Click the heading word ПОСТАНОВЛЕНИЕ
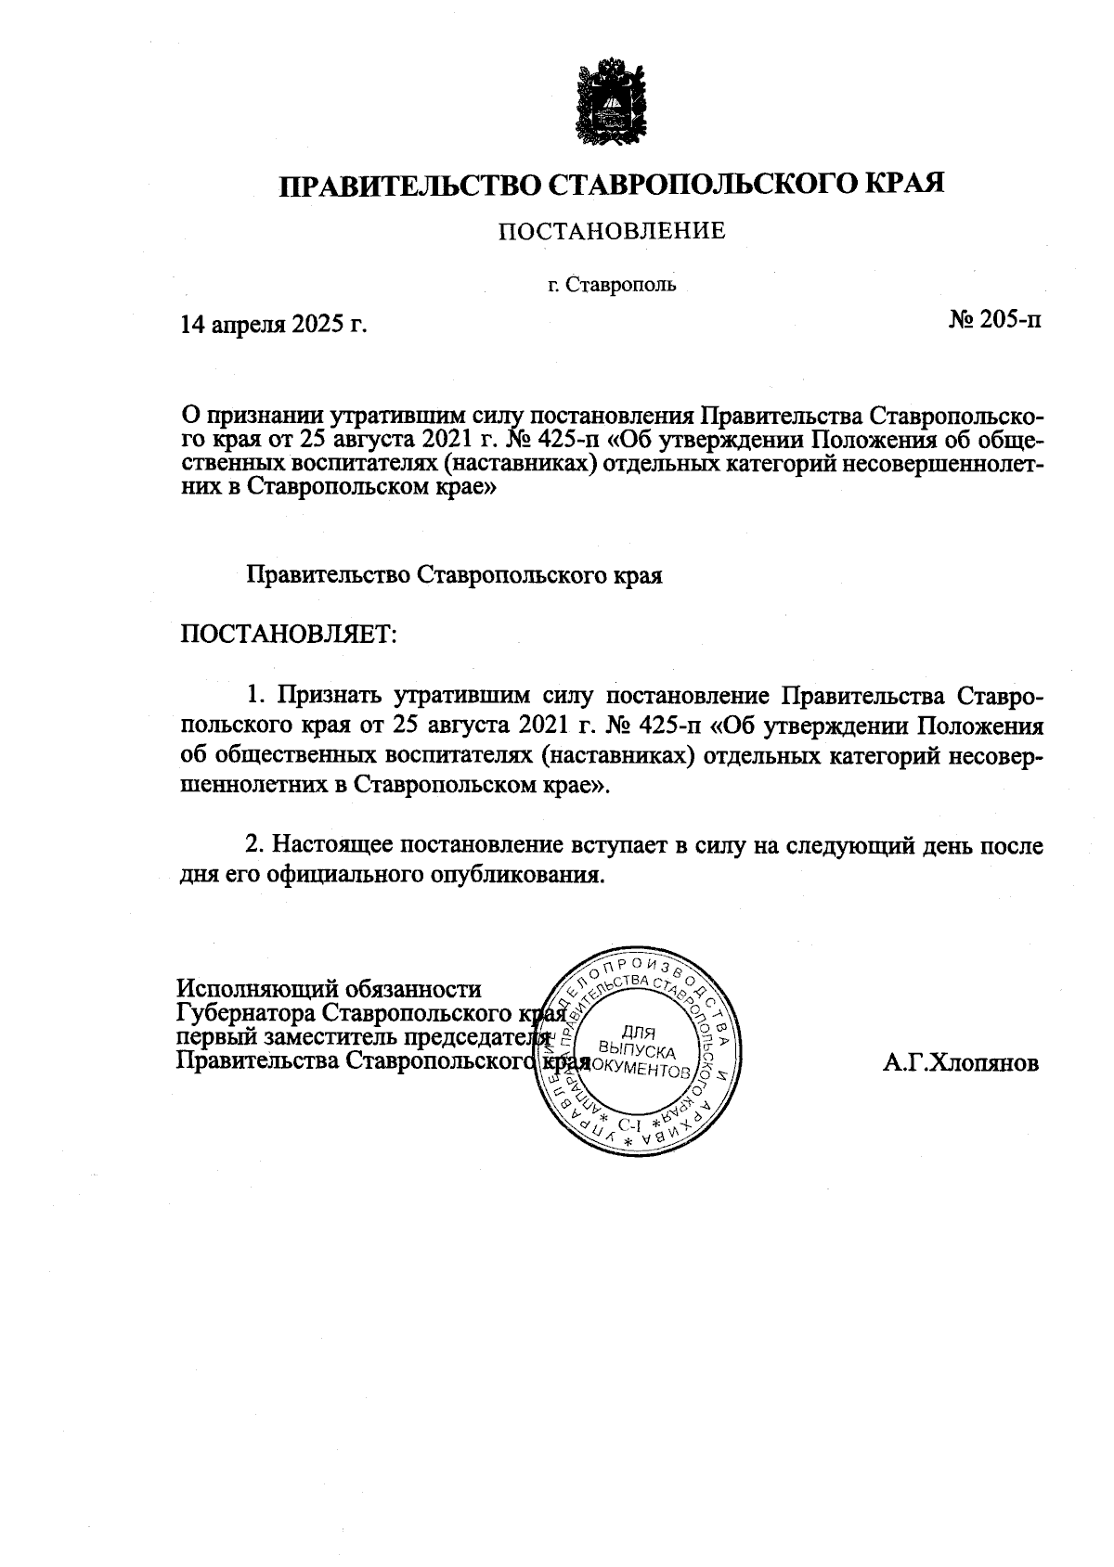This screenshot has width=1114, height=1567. point(612,230)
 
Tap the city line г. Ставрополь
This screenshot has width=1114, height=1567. point(612,285)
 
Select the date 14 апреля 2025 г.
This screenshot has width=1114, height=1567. point(274,324)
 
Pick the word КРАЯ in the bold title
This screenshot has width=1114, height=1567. point(905,183)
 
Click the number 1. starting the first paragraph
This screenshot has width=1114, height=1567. point(255,695)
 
